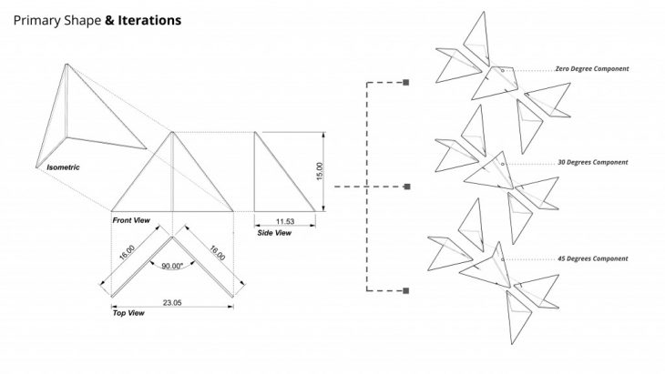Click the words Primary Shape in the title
tap(56, 18)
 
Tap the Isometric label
tap(65, 167)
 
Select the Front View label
tap(132, 220)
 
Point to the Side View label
tap(274, 233)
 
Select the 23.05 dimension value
tap(171, 301)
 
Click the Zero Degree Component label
tap(591, 69)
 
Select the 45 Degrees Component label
tap(593, 258)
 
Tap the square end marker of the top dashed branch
tap(405, 83)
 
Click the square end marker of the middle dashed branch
tap(405, 187)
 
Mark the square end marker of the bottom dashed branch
tap(405, 290)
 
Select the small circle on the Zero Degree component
tap(500, 69)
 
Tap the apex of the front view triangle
tap(172, 133)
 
